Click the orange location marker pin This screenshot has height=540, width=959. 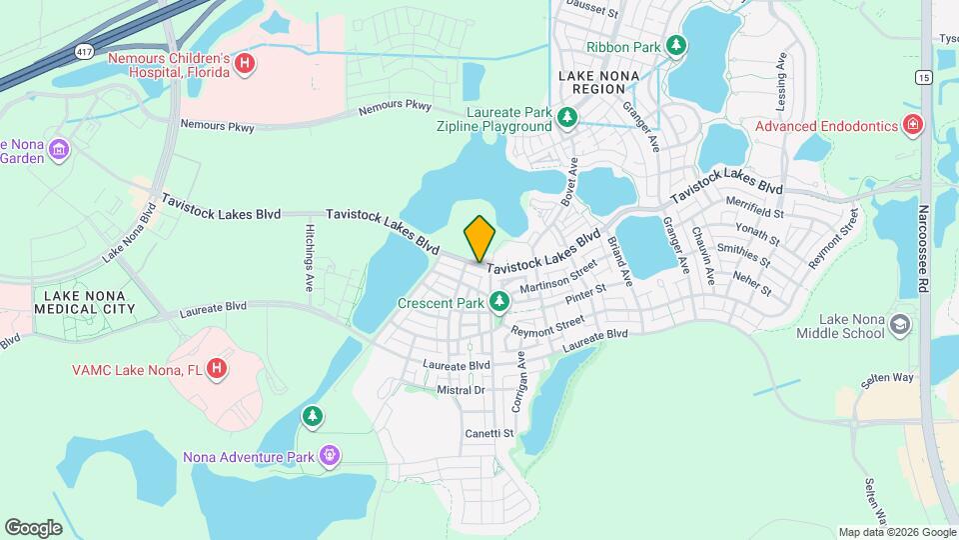coord(479,238)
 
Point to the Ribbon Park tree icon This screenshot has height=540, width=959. coord(676,46)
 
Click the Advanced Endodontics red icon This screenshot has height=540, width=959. coord(910,126)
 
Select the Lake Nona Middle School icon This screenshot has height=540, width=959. coord(900,326)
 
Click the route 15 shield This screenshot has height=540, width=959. coord(924,77)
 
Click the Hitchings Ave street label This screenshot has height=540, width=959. coord(310,257)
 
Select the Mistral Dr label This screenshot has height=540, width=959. coord(462,390)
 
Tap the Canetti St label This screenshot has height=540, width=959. coord(488,433)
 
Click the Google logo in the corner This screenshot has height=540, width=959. coord(33,527)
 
